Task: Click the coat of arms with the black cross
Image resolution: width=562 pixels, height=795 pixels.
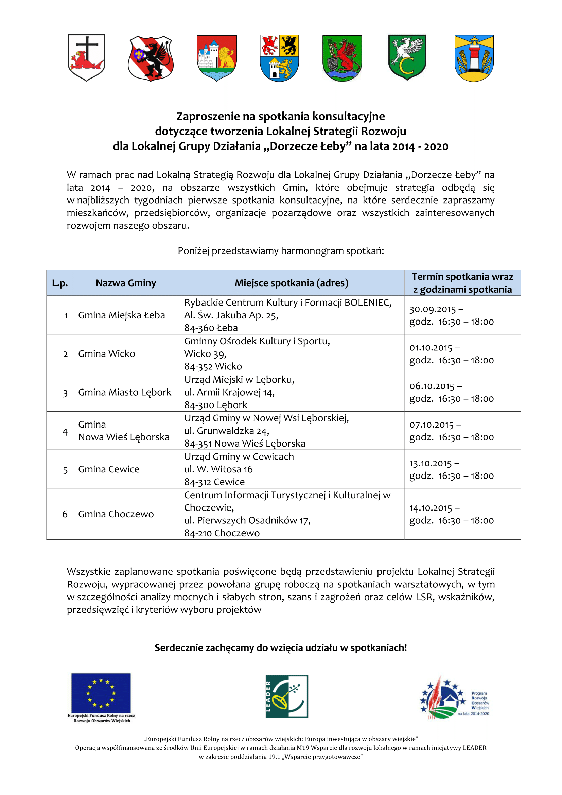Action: click(x=86, y=57)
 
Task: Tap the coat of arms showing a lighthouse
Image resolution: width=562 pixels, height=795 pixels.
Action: click(x=474, y=58)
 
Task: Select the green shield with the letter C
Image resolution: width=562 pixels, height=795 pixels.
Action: click(x=407, y=57)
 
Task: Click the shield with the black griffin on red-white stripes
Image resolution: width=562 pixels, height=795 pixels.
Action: click(x=151, y=58)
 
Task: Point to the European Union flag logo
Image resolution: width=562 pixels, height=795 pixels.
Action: click(x=101, y=693)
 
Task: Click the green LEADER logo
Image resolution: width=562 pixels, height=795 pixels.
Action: click(x=286, y=696)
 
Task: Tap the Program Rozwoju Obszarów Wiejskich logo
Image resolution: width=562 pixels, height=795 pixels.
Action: click(x=454, y=698)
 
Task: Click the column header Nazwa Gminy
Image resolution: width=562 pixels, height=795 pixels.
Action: click(x=126, y=283)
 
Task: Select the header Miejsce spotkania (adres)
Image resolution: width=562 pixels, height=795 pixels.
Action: click(x=291, y=283)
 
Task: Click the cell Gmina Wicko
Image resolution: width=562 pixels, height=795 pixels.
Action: click(x=107, y=353)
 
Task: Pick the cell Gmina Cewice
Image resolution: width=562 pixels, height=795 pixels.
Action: click(x=109, y=469)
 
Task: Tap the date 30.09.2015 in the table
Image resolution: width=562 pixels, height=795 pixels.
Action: click(x=432, y=309)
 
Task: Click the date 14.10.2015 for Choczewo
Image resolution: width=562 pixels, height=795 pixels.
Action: click(x=431, y=508)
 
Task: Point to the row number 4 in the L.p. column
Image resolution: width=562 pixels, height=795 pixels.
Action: click(x=65, y=431)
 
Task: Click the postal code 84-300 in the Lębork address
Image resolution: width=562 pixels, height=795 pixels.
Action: click(x=199, y=405)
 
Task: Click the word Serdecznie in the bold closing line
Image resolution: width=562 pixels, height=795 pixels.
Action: click(x=179, y=648)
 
